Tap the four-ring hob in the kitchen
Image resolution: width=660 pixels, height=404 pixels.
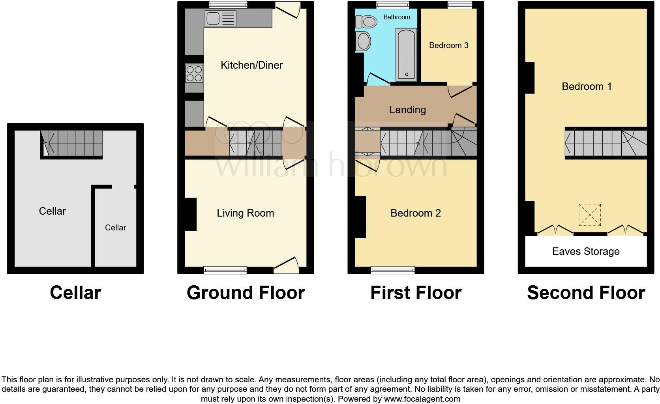tap(194, 74)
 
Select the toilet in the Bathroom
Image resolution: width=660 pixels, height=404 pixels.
tap(367, 21)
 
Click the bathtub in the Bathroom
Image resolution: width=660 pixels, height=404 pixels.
tap(406, 54)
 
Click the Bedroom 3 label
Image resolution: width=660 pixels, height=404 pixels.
tap(448, 45)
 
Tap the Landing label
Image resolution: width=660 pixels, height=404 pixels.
tap(407, 110)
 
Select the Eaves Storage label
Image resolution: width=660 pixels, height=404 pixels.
tap(585, 251)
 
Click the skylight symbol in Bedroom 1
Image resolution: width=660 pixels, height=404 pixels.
tap(589, 215)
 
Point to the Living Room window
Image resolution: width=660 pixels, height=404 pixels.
tap(225, 270)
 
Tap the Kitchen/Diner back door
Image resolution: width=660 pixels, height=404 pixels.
tap(288, 9)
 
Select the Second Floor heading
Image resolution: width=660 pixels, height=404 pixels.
tap(586, 293)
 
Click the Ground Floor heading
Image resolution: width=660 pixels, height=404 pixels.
tap(246, 293)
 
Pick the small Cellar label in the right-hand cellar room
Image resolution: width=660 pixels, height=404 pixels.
tap(115, 228)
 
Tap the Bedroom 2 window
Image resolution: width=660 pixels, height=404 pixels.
tap(393, 270)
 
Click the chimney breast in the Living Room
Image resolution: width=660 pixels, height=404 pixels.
tap(191, 214)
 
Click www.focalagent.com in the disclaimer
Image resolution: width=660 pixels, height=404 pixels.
tap(422, 399)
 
